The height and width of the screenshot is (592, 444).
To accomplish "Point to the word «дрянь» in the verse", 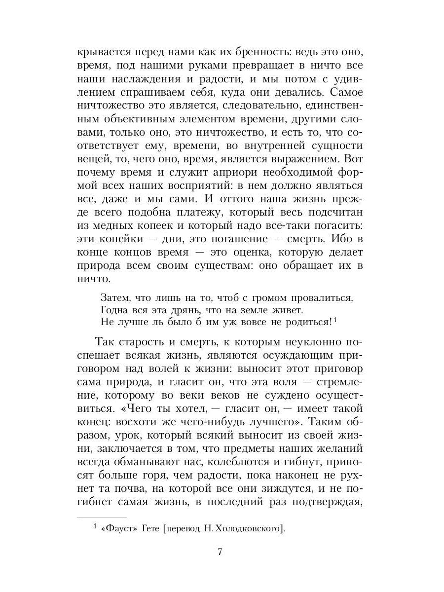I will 181,310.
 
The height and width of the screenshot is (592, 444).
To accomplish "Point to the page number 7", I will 220,552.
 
